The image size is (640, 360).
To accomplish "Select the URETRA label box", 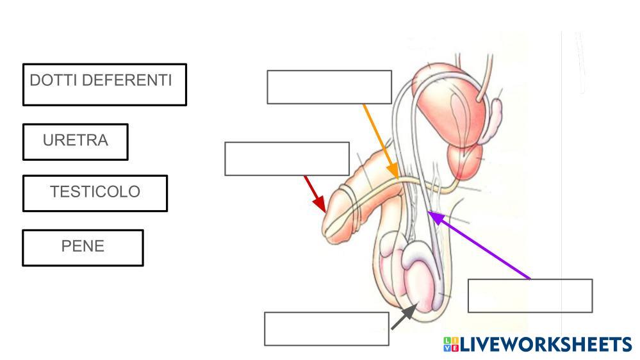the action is [x=76, y=141].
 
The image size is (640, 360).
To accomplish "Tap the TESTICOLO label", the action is [x=95, y=192].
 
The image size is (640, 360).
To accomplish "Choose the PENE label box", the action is [x=83, y=247].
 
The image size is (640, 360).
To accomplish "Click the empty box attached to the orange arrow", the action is [x=329, y=87].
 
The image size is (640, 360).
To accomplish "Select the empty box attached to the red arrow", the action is [x=286, y=159].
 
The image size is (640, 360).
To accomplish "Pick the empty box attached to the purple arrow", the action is [x=530, y=295].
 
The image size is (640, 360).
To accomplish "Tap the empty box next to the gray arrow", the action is [x=326, y=329].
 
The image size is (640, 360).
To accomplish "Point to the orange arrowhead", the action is [x=395, y=174].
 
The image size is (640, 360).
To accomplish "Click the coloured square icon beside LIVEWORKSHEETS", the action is [x=450, y=345].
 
